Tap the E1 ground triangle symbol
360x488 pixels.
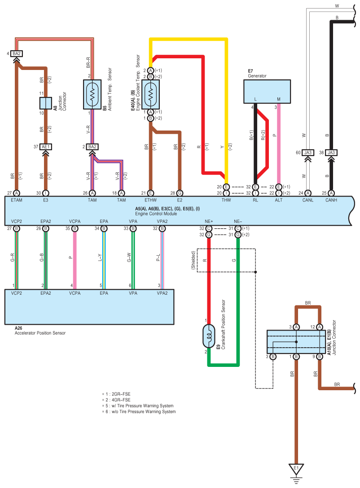[x=296, y=469]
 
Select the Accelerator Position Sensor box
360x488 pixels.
[x=89, y=307]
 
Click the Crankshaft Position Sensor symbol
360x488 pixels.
[x=208, y=336]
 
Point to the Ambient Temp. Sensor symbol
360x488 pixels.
[x=92, y=95]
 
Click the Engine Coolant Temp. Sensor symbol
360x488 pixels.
[x=150, y=95]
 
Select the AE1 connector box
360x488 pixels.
[x=45, y=147]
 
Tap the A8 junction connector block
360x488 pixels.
[x=45, y=103]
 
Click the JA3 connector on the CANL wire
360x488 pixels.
[x=307, y=152]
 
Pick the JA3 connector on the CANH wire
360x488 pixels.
[x=331, y=152]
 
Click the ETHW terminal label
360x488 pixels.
[x=150, y=200]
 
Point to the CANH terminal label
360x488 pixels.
[x=331, y=200]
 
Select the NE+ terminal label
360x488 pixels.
[x=209, y=221]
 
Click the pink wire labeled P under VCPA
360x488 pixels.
[x=75, y=260]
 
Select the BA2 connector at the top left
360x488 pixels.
[x=17, y=54]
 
